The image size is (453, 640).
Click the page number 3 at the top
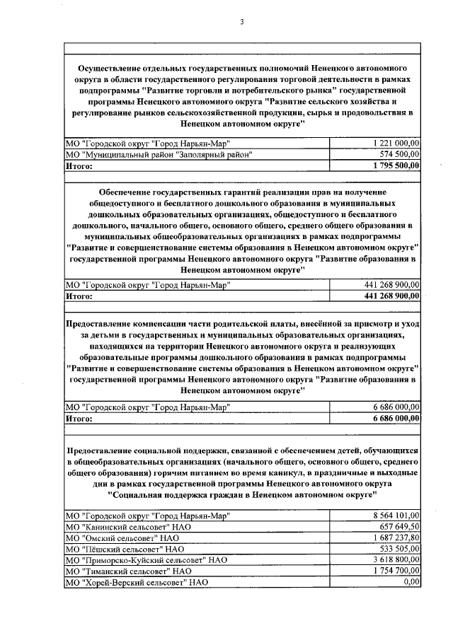(242, 21)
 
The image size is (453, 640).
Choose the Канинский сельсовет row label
(127, 527)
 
